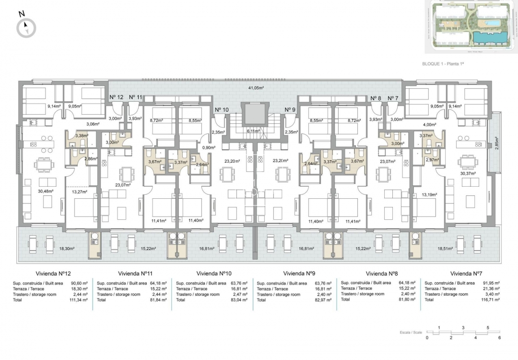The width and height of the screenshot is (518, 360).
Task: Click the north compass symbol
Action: click(26, 28)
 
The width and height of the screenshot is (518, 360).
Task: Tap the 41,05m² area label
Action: click(256, 88)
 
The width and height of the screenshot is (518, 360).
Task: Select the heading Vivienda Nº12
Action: click(54, 273)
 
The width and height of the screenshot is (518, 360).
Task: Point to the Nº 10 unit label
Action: click(222, 109)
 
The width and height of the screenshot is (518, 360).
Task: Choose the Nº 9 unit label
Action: click(290, 109)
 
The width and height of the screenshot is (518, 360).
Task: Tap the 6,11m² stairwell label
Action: click(253, 131)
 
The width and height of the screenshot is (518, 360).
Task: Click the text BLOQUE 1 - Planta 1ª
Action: click(444, 63)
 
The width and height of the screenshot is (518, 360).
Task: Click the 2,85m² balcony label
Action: click(496, 143)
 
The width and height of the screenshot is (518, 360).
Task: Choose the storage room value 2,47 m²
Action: click(240, 294)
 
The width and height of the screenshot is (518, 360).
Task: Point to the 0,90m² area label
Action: click(208, 148)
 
